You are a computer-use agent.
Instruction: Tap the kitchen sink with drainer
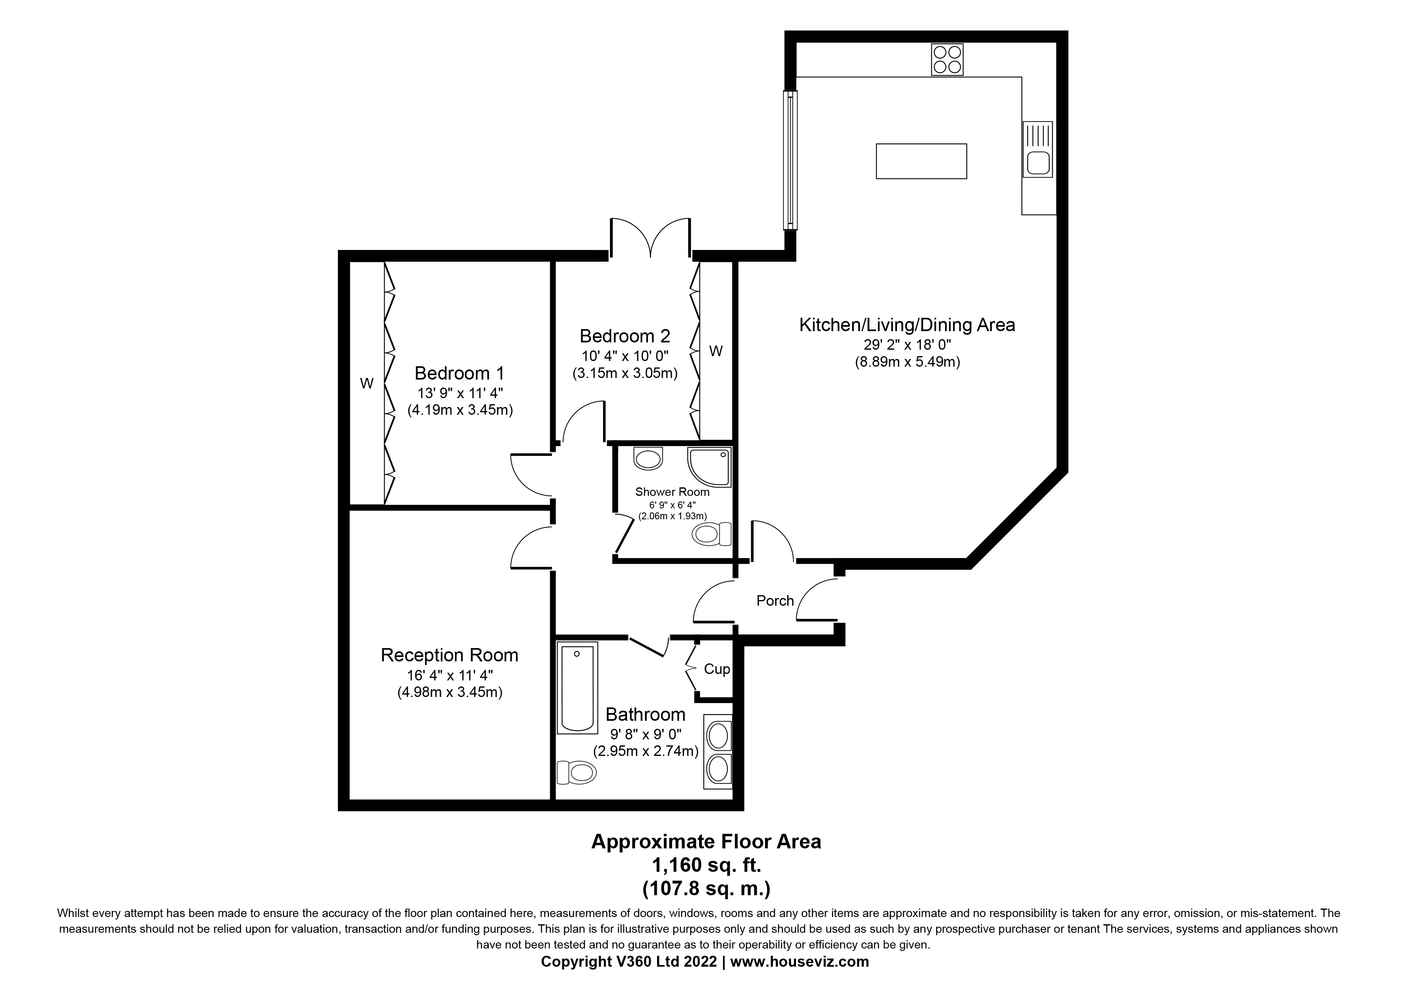[1037, 149]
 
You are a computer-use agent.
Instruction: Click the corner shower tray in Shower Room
[710, 467]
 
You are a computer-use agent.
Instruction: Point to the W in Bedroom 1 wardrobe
[367, 384]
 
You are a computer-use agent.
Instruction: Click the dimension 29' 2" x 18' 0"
[907, 344]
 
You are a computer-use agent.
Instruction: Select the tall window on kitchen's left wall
[790, 160]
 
